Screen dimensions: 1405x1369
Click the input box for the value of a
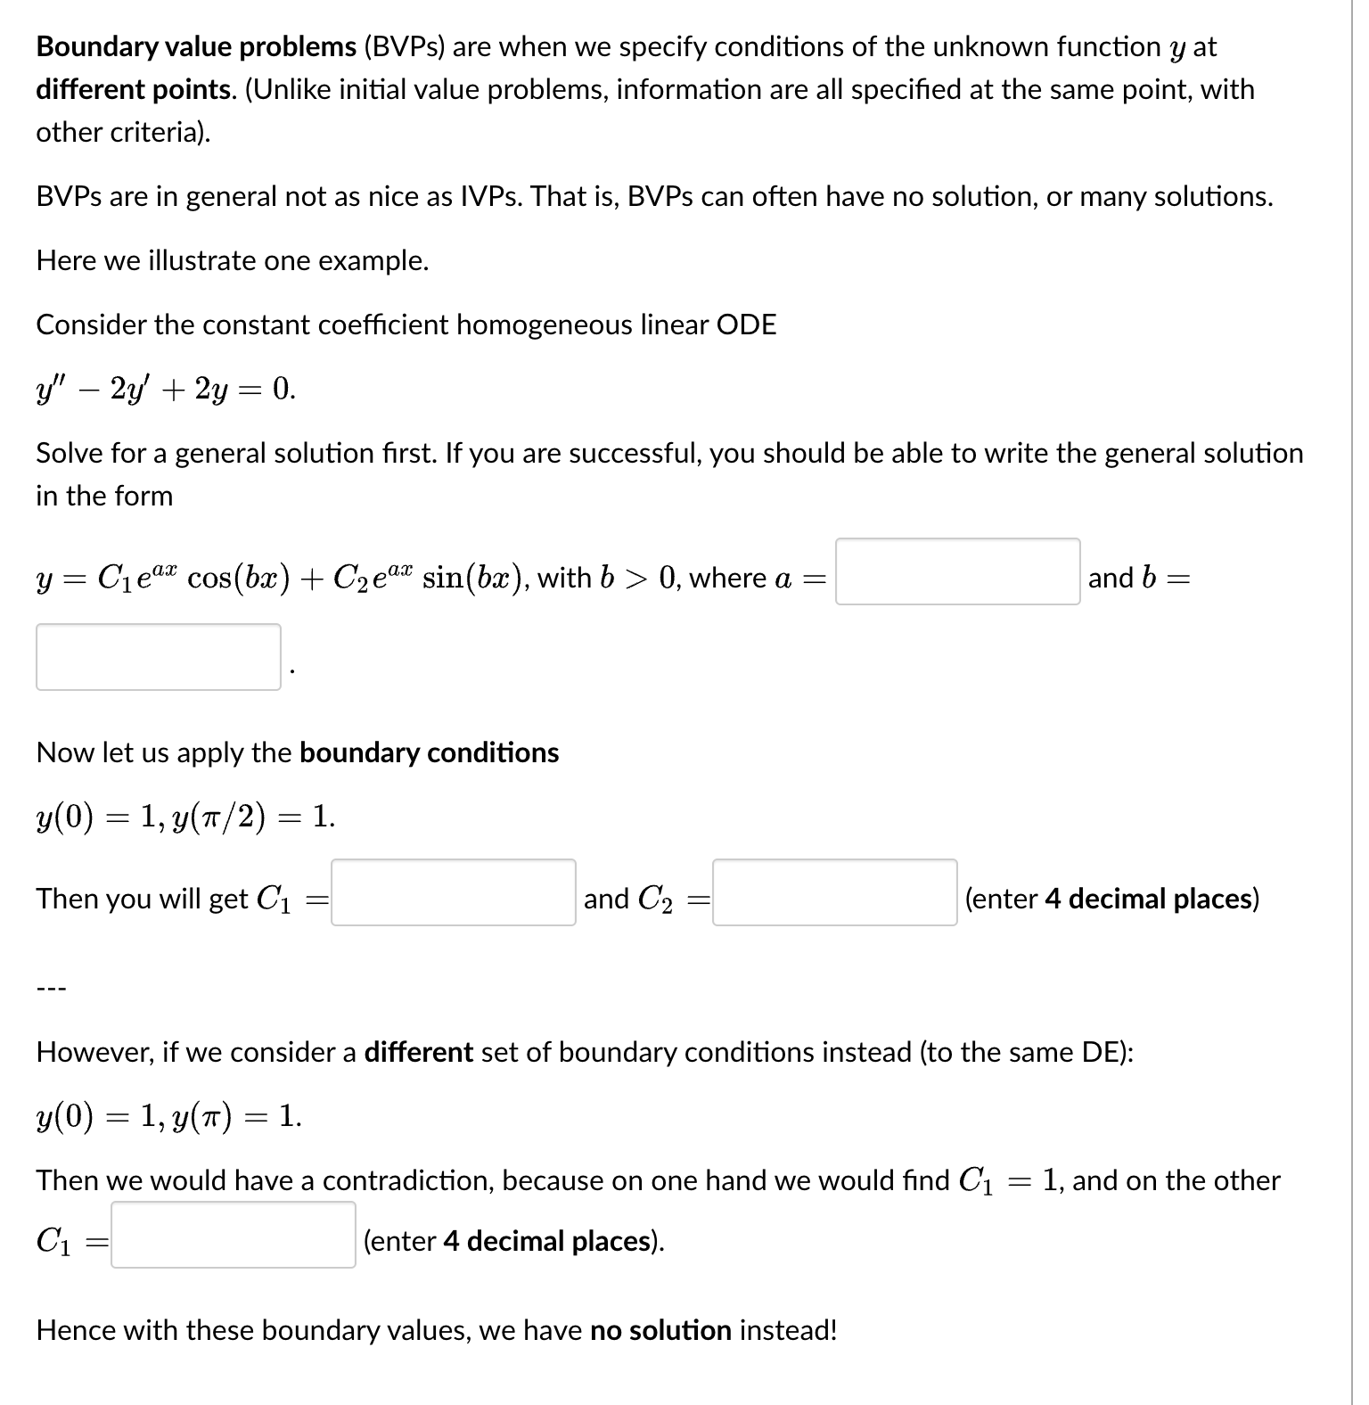pyautogui.click(x=957, y=571)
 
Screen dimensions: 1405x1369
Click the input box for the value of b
pyautogui.click(x=159, y=657)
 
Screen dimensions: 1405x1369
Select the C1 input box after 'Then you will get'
pyautogui.click(x=453, y=892)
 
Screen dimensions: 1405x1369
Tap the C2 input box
pyautogui.click(x=834, y=892)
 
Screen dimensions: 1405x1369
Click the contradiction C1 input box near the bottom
pyautogui.click(x=233, y=1235)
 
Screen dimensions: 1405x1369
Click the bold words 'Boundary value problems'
pyautogui.click(x=196, y=46)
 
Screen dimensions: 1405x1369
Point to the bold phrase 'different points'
pyautogui.click(x=134, y=89)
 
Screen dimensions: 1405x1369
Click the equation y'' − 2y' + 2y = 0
pyautogui.click(x=166, y=389)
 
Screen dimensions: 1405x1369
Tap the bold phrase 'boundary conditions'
pyautogui.click(x=429, y=752)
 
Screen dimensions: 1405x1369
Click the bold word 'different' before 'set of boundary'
pyautogui.click(x=418, y=1052)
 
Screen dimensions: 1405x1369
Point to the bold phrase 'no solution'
pyautogui.click(x=660, y=1330)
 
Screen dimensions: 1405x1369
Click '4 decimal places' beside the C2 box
pyautogui.click(x=1148, y=899)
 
